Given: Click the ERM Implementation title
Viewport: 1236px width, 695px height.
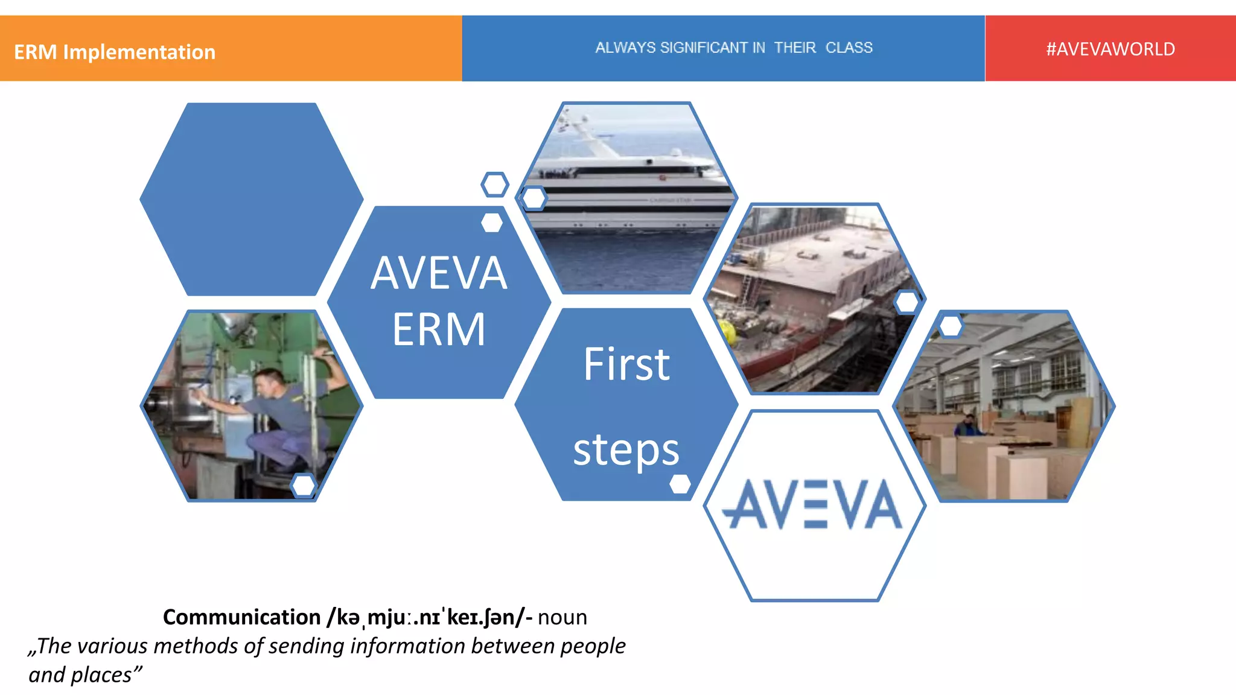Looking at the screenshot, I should (115, 52).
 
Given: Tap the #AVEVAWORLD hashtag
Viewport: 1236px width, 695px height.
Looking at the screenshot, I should (1110, 49).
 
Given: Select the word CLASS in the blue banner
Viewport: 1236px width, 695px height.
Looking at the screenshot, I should (849, 48).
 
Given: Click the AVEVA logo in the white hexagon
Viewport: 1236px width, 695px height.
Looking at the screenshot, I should (812, 504).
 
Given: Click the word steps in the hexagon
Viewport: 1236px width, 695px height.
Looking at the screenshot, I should (626, 450).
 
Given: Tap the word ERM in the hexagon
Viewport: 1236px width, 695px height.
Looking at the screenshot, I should (439, 329).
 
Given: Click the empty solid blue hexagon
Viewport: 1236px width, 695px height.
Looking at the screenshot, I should (251, 199).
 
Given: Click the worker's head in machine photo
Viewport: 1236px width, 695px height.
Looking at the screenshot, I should (269, 380).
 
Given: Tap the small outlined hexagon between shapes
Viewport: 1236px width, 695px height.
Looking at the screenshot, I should (495, 185).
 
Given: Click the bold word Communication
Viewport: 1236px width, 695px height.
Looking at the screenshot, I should (241, 617).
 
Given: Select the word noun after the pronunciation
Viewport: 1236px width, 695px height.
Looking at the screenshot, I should (562, 617).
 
